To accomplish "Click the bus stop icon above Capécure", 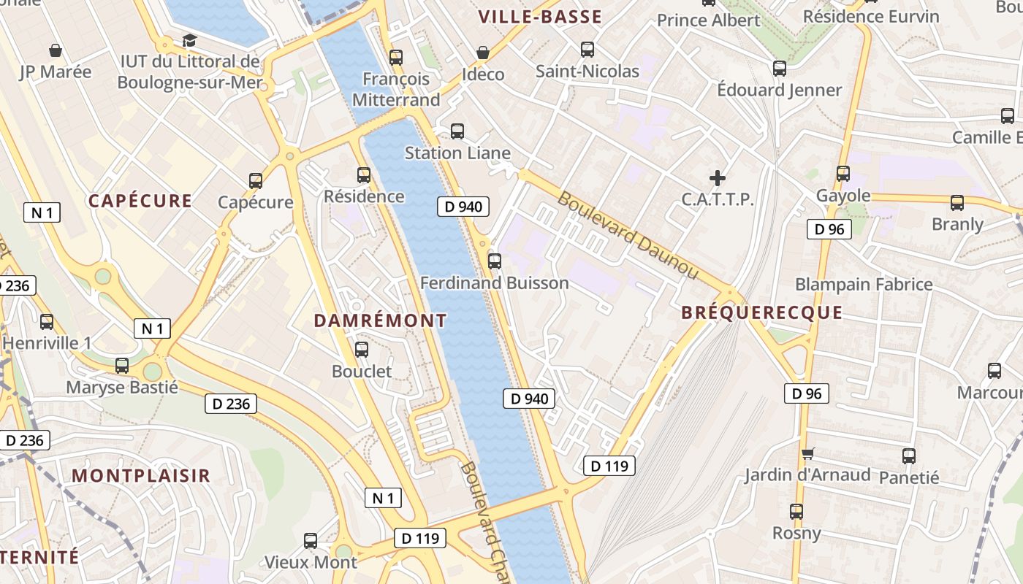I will coord(256,180).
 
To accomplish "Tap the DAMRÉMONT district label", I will coord(380,320).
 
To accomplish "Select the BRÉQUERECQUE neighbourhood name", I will coord(761,313).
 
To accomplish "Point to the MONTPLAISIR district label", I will coord(141,475).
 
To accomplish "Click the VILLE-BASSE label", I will coord(540,17).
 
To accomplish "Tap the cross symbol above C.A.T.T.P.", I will coord(718,177).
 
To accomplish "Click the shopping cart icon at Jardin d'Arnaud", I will coord(807,454).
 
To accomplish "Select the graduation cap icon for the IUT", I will coord(190,40).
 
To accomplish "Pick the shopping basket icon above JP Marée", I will coord(55,50).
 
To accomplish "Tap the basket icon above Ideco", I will coord(482,53).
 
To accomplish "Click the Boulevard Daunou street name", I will coord(628,235).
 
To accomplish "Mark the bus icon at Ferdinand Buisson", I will coord(495,261).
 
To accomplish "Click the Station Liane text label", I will coord(457,153).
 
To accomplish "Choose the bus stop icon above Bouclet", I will coord(362,350).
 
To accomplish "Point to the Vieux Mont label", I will coord(311,562).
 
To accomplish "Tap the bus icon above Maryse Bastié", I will coord(122,365).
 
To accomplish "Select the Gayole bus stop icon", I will coord(843,174).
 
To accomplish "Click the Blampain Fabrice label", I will coord(864,284).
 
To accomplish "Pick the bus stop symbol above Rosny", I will coord(796,511).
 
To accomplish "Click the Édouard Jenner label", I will coord(779,91).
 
